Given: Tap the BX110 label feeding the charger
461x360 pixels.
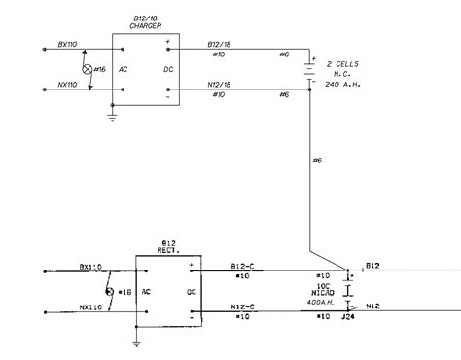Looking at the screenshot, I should click(x=69, y=44).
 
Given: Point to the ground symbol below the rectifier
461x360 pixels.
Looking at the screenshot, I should click(x=137, y=342).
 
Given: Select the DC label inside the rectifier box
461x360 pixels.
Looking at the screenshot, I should click(x=192, y=291).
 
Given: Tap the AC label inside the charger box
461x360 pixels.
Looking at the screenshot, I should click(x=124, y=70).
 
